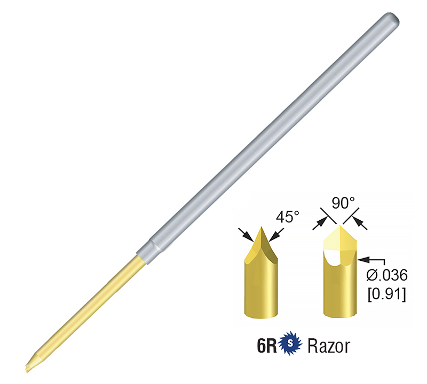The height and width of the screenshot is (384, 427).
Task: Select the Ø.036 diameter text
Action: [x=388, y=276]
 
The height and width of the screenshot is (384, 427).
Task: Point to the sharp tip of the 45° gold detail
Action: [x=261, y=228]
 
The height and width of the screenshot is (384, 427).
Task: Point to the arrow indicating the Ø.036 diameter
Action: [x=365, y=259]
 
